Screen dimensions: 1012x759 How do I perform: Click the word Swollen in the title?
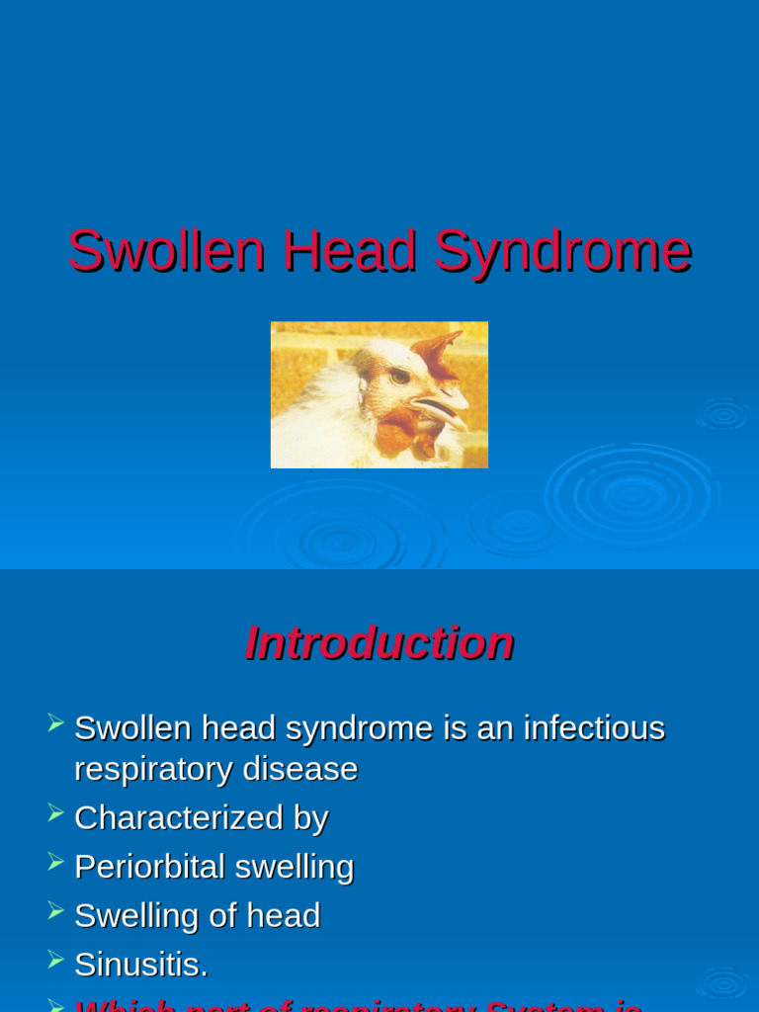pyautogui.click(x=166, y=251)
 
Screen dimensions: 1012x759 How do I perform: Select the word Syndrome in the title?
pyautogui.click(x=562, y=251)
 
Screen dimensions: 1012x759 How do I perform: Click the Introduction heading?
pyautogui.click(x=379, y=643)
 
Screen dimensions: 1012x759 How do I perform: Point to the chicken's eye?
pyautogui.click(x=399, y=376)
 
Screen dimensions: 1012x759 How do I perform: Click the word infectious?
pyautogui.click(x=594, y=728)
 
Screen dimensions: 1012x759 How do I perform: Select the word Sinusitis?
pyautogui.click(x=140, y=965)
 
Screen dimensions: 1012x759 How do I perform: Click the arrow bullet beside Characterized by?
pyautogui.click(x=55, y=813)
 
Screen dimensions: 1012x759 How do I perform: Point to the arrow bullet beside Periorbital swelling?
pyautogui.click(x=55, y=862)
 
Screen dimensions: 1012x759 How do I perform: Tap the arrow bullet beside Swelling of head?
pyautogui.click(x=55, y=911)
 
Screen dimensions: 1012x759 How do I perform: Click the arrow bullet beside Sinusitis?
pyautogui.click(x=55, y=960)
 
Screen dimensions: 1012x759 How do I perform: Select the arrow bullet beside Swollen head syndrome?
pyautogui.click(x=55, y=723)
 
